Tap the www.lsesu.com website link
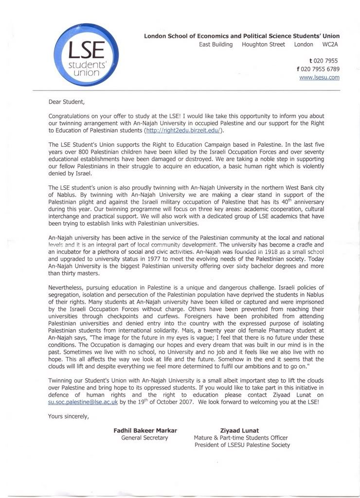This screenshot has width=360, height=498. pos(319,77)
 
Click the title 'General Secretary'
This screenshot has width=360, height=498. pos(144,438)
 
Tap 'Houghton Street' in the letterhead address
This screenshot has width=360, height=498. pos(263,44)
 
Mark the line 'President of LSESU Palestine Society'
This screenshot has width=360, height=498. pos(242,445)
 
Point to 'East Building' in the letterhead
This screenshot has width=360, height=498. pos(216,44)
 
